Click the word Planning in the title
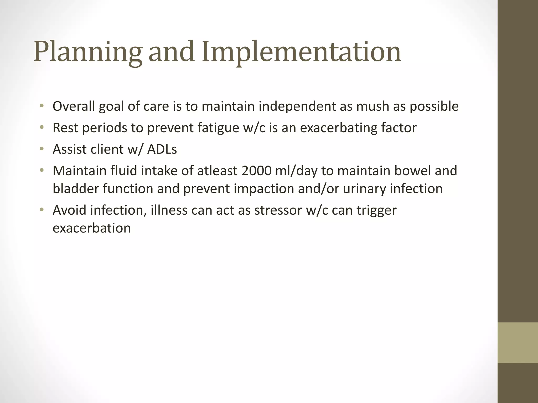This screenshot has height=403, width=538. [88, 52]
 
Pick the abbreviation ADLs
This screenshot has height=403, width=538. [162, 149]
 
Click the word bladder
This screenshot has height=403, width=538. [76, 189]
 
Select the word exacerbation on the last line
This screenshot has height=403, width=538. [92, 228]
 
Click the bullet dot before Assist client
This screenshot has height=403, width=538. [41, 149]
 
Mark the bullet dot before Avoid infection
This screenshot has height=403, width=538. [41, 210]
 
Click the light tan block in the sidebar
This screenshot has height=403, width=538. [518, 342]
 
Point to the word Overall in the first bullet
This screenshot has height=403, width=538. [74, 106]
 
